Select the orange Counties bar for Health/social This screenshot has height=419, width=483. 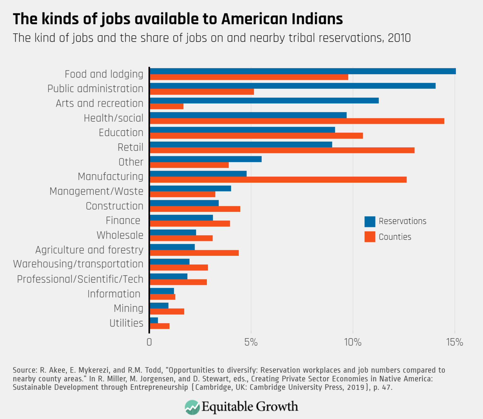click(x=297, y=121)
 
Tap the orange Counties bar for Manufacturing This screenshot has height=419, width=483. click(x=278, y=180)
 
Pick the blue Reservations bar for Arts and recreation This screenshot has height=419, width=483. click(x=264, y=101)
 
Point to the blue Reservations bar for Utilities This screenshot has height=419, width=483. click(x=154, y=320)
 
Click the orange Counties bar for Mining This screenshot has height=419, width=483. click(x=167, y=311)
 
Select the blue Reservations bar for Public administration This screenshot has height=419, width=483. click(x=292, y=86)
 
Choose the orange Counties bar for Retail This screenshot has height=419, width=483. click(x=282, y=150)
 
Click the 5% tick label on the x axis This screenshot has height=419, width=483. click(x=251, y=342)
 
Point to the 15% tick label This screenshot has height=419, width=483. click(x=454, y=342)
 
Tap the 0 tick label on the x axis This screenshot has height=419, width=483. click(x=149, y=342)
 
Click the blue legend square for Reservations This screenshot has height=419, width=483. click(x=370, y=222)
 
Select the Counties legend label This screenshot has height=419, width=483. click(x=395, y=237)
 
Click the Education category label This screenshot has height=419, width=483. click(x=121, y=133)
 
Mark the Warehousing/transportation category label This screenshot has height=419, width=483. click(x=78, y=264)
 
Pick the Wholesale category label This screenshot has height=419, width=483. click(x=120, y=235)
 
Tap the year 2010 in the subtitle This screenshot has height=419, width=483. click(x=399, y=38)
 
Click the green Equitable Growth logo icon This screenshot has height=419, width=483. click(x=192, y=407)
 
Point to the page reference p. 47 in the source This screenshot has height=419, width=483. click(x=382, y=387)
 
